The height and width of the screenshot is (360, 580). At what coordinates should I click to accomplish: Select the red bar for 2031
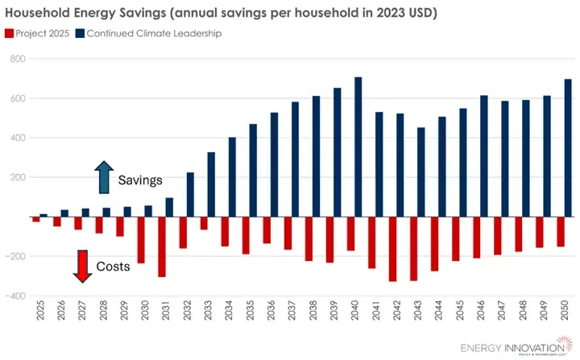click(162, 246)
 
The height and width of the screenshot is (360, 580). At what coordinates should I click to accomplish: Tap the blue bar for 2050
click(568, 148)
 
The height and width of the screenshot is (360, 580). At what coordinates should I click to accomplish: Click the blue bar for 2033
click(211, 184)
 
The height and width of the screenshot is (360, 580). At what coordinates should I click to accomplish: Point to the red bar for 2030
click(141, 240)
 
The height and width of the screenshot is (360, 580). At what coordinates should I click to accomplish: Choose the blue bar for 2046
click(484, 156)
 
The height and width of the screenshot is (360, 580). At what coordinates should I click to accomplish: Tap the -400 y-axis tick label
click(15, 296)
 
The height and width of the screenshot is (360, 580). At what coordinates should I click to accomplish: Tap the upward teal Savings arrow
click(104, 177)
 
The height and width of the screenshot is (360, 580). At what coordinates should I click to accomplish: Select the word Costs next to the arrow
click(114, 266)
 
